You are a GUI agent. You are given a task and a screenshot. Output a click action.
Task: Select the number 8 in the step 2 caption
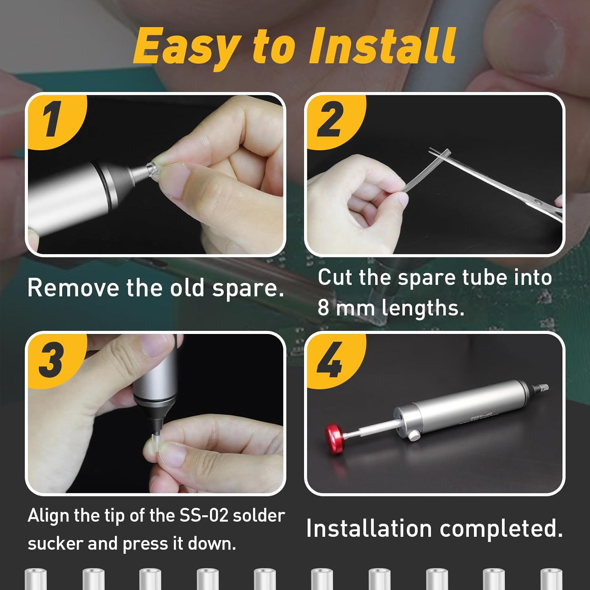(323, 308)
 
